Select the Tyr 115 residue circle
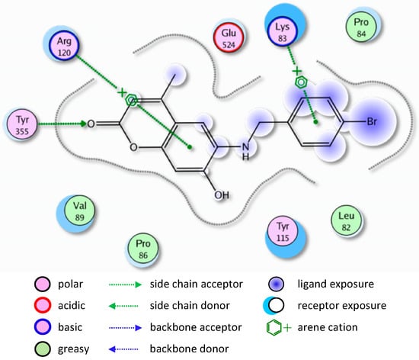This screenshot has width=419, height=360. [x=282, y=232]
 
